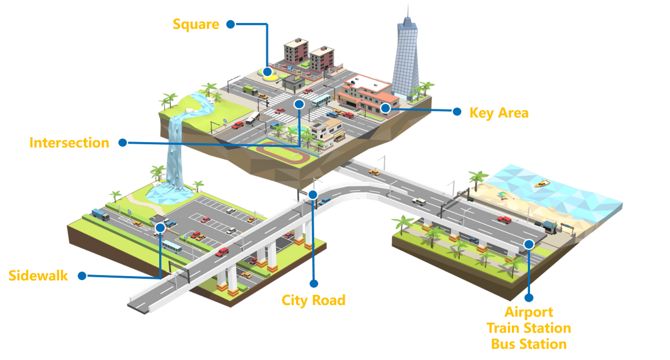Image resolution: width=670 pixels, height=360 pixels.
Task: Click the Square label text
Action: coord(196,24)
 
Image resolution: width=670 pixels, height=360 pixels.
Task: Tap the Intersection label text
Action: coord(69,143)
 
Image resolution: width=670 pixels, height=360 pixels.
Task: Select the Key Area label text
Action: coord(499,113)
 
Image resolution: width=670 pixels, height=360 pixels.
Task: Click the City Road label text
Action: coord(314,300)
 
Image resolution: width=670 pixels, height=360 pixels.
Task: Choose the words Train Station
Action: coord(529,328)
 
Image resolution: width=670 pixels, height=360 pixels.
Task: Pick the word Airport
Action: coord(529,313)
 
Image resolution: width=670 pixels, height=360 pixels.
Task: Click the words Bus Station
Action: coord(529,344)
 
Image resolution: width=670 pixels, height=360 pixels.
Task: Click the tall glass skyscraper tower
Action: coord(406,55)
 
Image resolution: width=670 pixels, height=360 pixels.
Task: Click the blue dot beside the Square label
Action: coord(231,24)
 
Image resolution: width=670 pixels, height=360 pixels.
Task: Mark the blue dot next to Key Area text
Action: coord(456,111)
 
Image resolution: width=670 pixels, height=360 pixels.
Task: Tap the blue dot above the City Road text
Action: coord(314,283)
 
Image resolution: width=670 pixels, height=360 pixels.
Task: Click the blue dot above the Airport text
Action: coord(529,297)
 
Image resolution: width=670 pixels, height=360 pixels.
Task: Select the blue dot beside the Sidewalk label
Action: coord(82,275)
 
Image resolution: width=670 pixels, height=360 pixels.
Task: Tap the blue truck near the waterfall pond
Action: coord(99,213)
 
